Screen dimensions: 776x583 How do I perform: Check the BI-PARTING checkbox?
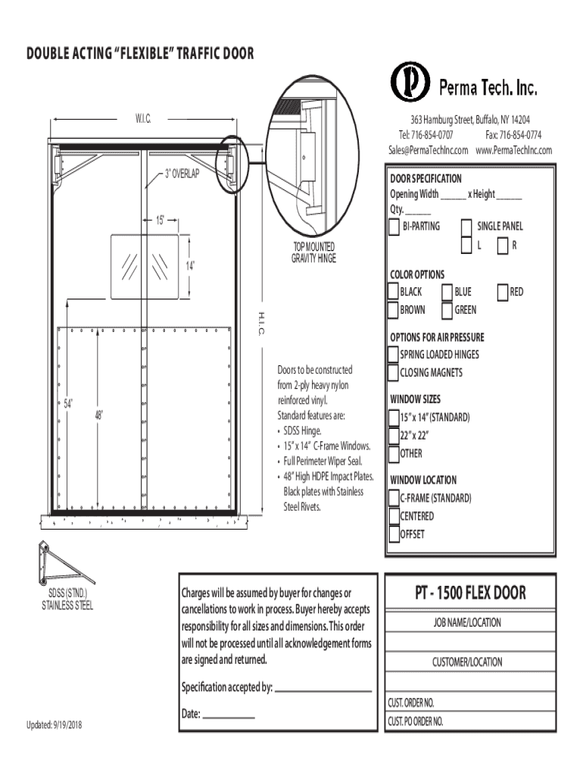coord(394,227)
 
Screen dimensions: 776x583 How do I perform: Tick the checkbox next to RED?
coord(503,292)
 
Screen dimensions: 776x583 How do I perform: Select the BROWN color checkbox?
coord(393,310)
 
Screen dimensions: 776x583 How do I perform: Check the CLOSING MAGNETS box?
coord(393,373)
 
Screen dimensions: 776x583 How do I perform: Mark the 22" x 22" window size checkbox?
coord(393,436)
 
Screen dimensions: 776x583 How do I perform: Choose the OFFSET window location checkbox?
coord(393,534)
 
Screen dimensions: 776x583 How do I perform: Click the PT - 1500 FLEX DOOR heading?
coord(469,593)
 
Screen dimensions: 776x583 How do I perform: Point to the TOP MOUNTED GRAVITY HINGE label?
coord(313,252)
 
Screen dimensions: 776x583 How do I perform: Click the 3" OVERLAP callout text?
coord(182,174)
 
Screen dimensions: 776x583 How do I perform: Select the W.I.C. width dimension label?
coord(144,119)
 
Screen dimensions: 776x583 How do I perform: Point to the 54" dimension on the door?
coord(67,404)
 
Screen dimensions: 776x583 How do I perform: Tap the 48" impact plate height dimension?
coord(99,415)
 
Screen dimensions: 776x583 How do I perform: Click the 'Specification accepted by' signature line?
coord(323,691)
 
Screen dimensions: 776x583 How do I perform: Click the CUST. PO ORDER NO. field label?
coord(416,722)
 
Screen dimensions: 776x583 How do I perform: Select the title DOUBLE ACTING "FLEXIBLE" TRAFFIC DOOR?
coord(140,54)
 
